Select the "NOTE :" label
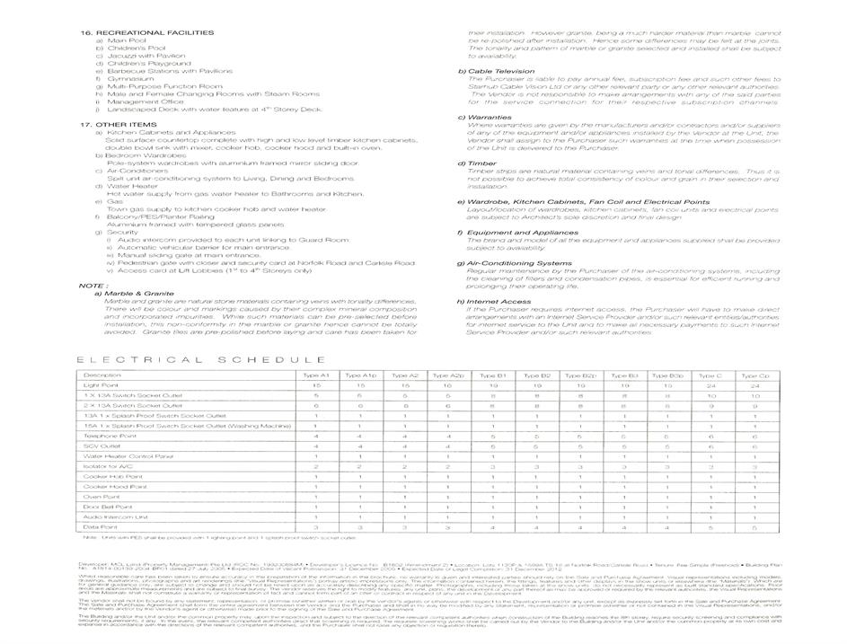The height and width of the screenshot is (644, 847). (93, 286)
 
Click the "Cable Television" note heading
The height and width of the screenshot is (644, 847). (499, 71)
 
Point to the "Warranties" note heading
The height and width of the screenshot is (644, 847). (490, 117)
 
